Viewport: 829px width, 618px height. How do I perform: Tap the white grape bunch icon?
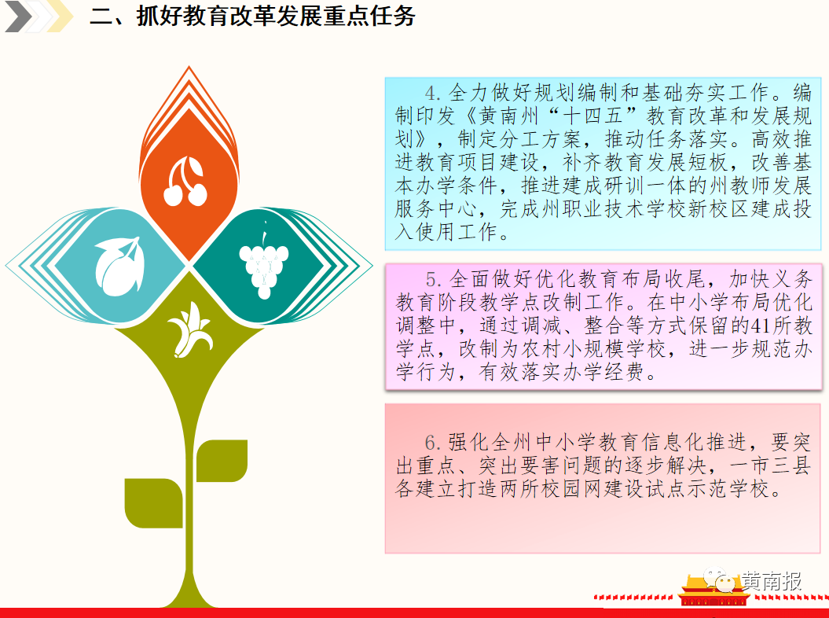tap(264, 261)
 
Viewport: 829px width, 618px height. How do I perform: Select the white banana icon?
tap(190, 329)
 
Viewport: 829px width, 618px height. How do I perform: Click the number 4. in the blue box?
tap(433, 93)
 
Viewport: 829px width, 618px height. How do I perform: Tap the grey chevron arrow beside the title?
tap(19, 17)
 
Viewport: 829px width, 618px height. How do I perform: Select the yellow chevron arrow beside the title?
tap(60, 17)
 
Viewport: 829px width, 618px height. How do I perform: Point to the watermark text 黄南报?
tap(772, 581)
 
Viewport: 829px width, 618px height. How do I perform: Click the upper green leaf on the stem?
tap(222, 460)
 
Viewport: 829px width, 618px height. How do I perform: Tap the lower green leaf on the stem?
tap(153, 503)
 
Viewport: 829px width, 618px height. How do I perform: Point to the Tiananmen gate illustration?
tap(713, 591)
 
